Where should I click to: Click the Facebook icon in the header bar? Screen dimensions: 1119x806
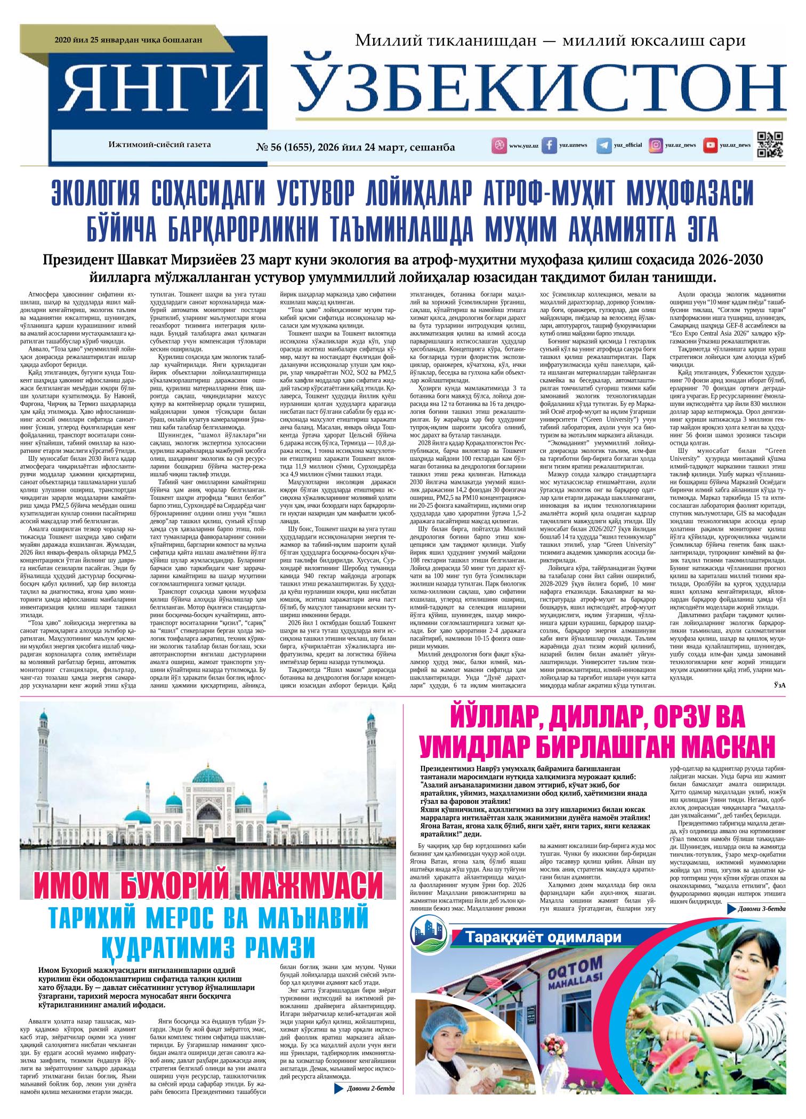click(x=550, y=145)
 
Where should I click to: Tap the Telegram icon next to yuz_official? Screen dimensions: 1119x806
click(x=604, y=145)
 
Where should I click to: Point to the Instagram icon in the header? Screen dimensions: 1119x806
click(x=656, y=145)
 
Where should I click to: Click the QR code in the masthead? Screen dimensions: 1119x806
click(x=770, y=145)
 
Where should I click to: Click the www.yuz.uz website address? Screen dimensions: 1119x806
click(x=523, y=146)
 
